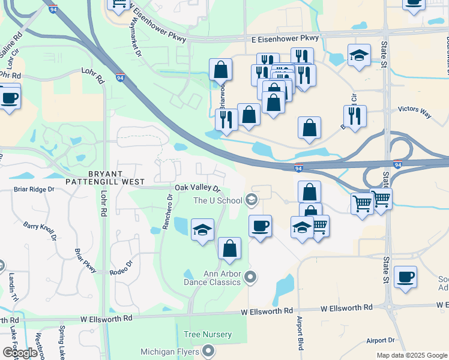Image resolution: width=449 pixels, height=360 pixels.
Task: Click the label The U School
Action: click(217, 200)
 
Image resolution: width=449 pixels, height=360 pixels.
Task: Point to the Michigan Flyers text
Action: click(171, 351)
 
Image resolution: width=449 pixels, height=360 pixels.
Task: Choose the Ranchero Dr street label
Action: click(167, 211)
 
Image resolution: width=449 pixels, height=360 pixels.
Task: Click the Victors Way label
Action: click(414, 111)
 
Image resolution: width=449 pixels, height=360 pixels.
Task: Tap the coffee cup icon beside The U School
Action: click(260, 226)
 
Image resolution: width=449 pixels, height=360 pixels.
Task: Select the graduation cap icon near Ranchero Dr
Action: click(203, 229)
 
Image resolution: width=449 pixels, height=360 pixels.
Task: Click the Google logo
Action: click(20, 353)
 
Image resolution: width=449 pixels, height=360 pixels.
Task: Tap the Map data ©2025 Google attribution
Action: click(412, 355)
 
